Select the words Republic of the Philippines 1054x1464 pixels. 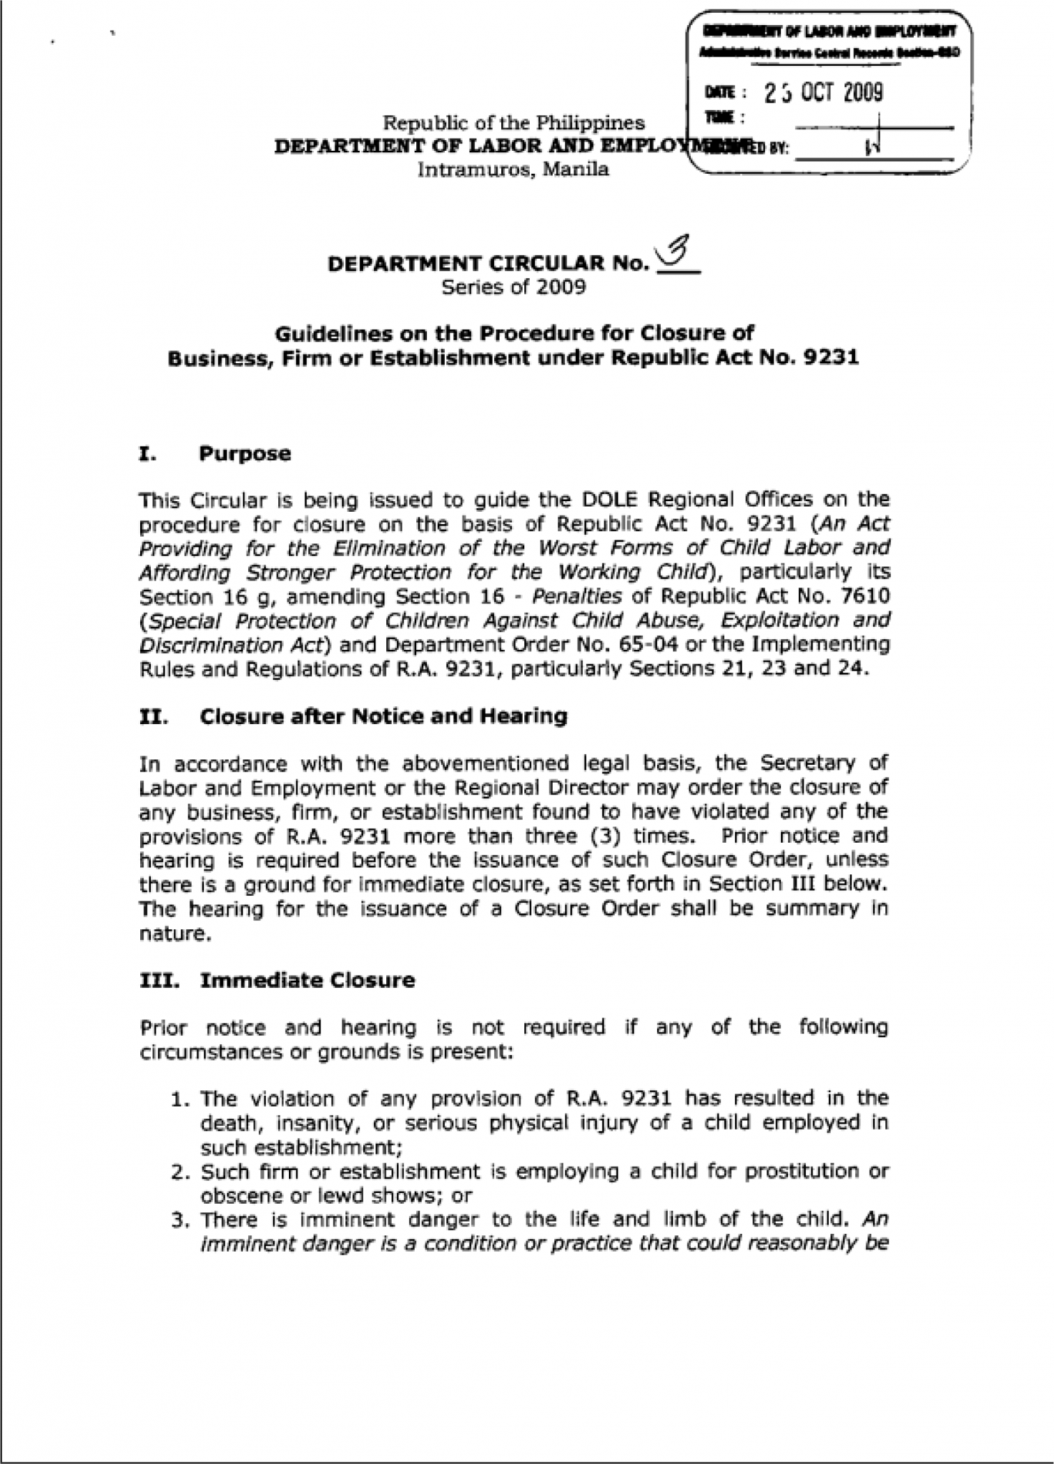513,123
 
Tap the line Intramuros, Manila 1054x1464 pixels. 513,170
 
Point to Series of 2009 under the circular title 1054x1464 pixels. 513,287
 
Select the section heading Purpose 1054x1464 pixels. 245,454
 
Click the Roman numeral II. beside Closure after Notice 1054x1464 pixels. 153,716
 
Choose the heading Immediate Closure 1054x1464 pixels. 307,979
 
